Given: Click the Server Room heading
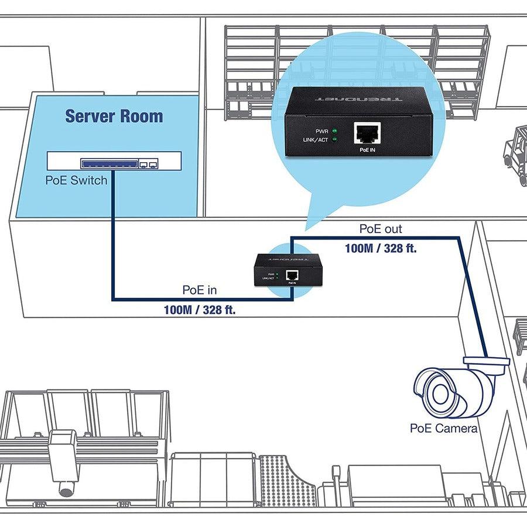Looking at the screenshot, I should point(114,115).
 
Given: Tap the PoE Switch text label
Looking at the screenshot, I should point(76,180).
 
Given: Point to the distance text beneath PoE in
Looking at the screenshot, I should point(200,310).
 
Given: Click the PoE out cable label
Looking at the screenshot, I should point(381,228).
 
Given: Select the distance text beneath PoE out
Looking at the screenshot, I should point(381,248).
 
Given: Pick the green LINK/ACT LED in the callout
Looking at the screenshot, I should point(335,140).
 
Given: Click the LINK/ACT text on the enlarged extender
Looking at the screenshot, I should point(315,140).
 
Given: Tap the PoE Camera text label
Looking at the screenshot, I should point(443,429).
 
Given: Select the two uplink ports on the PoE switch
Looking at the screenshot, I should point(150,165).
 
